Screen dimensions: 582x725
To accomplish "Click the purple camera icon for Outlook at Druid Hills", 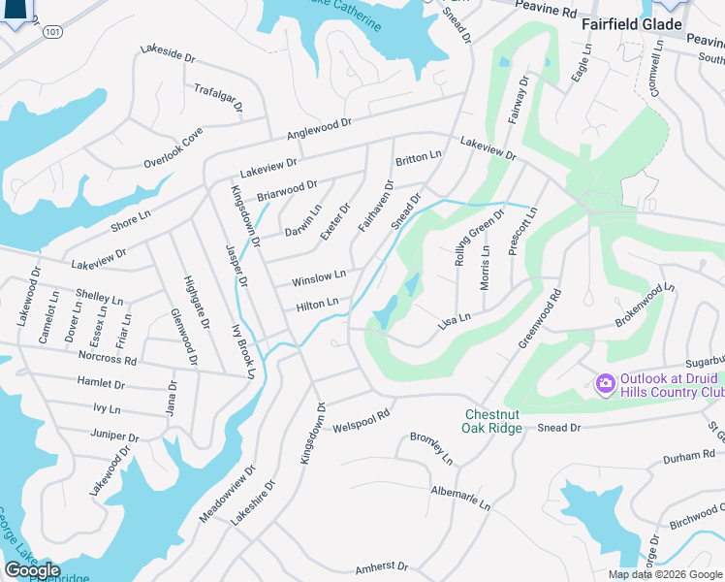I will point(606,385).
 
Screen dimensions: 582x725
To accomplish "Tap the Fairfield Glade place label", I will point(630,24).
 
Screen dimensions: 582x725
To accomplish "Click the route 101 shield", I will point(55,32).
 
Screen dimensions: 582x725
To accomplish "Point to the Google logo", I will point(33,570).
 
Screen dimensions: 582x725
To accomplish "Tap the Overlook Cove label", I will point(173,147).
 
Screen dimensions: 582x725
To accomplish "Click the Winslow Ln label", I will point(319,279).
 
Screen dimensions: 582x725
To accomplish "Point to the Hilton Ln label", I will point(317,305).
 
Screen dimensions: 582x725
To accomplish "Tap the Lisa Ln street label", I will point(454,319).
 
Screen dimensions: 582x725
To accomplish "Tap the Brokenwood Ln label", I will point(645,304).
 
